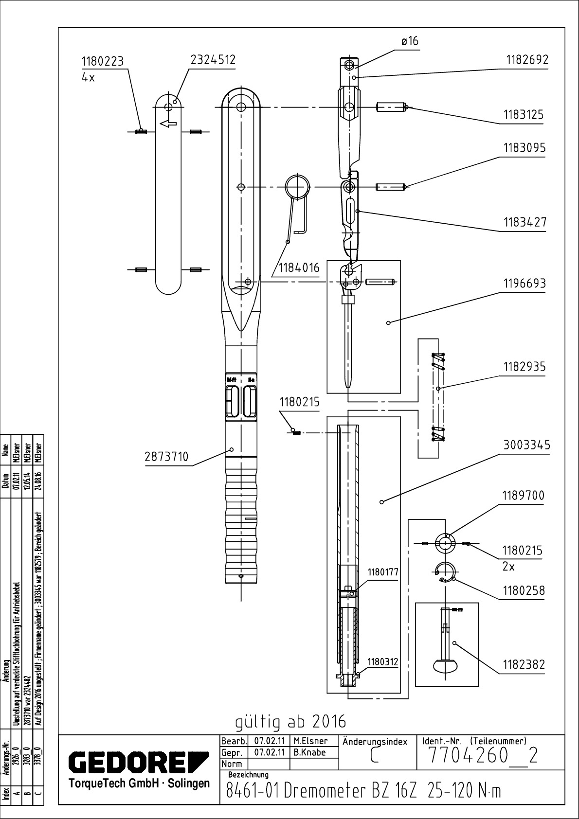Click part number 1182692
pyautogui.click(x=527, y=60)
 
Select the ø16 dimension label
pyautogui.click(x=410, y=41)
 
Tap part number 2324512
pyautogui.click(x=213, y=60)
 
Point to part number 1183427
pyautogui.click(x=525, y=222)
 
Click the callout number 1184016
pyautogui.click(x=299, y=268)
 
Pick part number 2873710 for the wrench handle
pyautogui.click(x=166, y=457)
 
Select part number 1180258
pyautogui.click(x=524, y=591)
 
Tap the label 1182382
pyautogui.click(x=524, y=664)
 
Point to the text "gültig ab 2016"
pyautogui.click(x=291, y=722)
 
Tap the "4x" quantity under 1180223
pyautogui.click(x=89, y=77)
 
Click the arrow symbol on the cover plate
pyautogui.click(x=167, y=124)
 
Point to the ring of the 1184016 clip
pyautogui.click(x=297, y=187)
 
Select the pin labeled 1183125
pyautogui.click(x=391, y=107)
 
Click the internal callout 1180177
pyautogui.click(x=383, y=572)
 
